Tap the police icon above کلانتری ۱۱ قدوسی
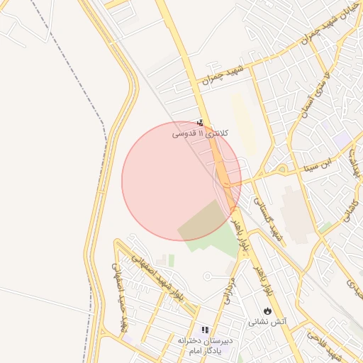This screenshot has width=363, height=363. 200,123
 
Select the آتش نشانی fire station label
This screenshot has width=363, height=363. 267,321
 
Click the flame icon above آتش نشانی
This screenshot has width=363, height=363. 267,311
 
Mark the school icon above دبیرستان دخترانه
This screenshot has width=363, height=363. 205,330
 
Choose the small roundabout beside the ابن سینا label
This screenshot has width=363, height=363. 284,169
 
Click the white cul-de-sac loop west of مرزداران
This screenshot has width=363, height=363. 206,277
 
